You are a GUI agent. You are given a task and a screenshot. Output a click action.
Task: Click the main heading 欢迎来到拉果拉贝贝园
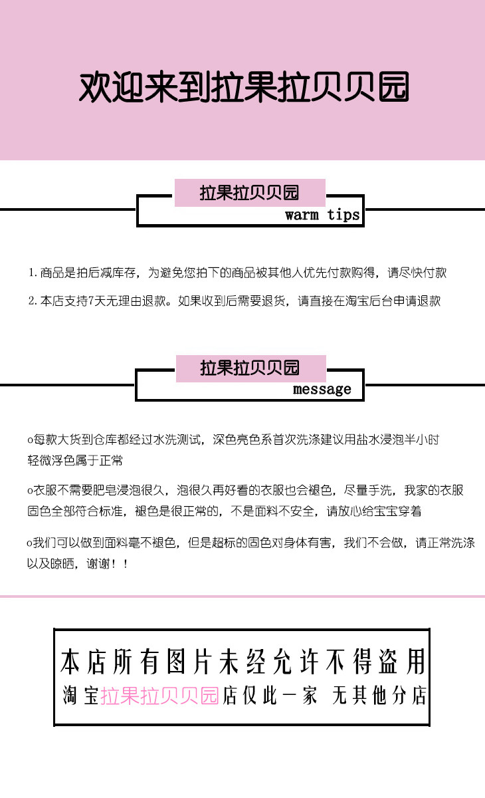tap(243, 87)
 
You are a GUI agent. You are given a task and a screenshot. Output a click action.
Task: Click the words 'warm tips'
tap(322, 215)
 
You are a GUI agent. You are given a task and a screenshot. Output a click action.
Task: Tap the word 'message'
tap(322, 389)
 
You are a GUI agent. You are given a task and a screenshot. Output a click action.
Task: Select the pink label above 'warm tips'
tap(250, 193)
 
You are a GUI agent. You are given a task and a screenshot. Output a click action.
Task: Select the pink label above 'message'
tap(250, 368)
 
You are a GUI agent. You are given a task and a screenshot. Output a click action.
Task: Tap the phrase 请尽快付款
tap(417, 273)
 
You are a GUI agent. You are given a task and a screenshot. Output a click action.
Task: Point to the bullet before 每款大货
tap(30, 440)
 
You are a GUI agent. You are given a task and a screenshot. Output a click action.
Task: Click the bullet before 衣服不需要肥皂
tap(30, 491)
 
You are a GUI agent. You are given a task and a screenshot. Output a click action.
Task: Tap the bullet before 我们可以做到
tap(30, 543)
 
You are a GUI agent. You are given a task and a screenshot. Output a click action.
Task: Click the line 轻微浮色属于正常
tap(75, 460)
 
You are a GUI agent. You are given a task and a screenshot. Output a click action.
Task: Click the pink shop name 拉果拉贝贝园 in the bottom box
tap(159, 696)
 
